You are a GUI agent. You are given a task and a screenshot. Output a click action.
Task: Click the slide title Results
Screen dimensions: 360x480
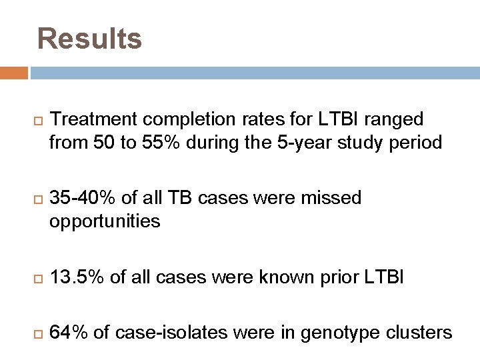[89, 39]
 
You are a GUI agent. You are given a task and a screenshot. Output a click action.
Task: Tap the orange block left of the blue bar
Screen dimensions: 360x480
[14, 73]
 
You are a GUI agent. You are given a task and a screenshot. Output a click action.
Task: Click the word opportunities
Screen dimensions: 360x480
[105, 221]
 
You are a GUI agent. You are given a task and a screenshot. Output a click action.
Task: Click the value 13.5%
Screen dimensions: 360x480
[77, 277]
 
